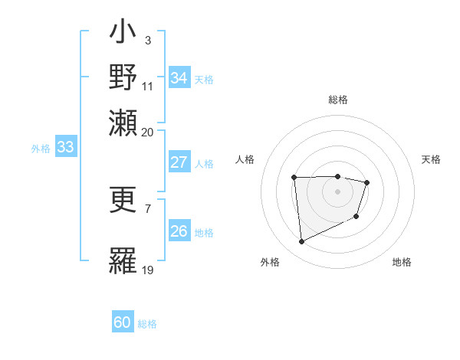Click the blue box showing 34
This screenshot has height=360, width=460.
coord(179,77)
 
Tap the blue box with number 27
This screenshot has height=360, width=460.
coord(179,162)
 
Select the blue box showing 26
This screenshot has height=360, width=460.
coord(179,231)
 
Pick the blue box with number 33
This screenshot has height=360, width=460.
coord(65,147)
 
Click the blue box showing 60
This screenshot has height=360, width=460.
coord(123,322)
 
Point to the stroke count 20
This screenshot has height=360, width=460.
coord(147,132)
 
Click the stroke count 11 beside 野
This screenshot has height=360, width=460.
coord(147,86)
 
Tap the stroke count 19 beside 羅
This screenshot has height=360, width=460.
coord(147,270)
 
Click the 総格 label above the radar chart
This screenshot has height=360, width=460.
coord(337,100)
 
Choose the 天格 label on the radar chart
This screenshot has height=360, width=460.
coord(431,159)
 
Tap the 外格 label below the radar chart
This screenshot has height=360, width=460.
coord(270,262)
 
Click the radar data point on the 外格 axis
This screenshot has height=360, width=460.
coord(302,242)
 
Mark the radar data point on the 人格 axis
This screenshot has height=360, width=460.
coord(294,178)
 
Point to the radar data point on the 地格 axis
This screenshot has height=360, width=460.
coord(356,218)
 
